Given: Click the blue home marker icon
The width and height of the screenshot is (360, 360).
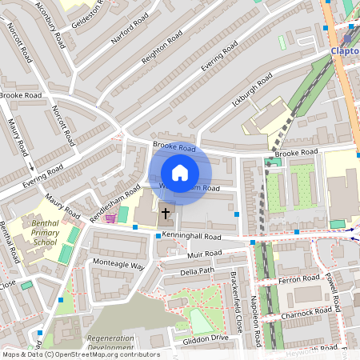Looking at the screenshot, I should [180, 173].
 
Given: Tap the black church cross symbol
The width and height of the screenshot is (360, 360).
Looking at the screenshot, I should [166, 213].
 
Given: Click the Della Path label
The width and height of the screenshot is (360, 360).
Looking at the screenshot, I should [198, 272].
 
